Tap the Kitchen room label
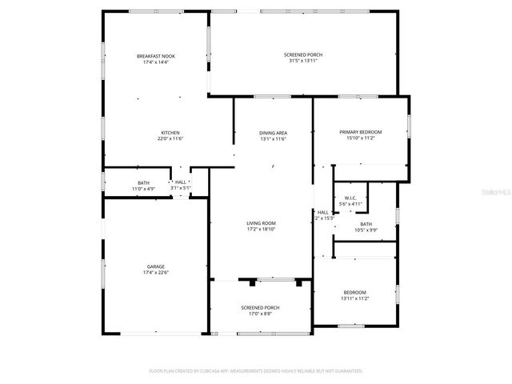[170, 133]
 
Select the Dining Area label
[273, 133]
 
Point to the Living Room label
[260, 222]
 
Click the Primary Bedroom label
[360, 132]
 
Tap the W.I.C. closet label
[350, 198]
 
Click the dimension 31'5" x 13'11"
[303, 61]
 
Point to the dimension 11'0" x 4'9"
[143, 189]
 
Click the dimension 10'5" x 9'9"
[366, 230]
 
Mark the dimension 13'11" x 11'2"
[354, 298]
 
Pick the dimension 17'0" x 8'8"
[260, 314]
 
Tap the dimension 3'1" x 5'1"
[181, 188]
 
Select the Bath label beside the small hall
[143, 183]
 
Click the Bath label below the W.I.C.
[366, 224]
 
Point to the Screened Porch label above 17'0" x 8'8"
[260, 307]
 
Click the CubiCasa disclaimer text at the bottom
[256, 371]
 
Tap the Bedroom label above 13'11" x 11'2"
[354, 292]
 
